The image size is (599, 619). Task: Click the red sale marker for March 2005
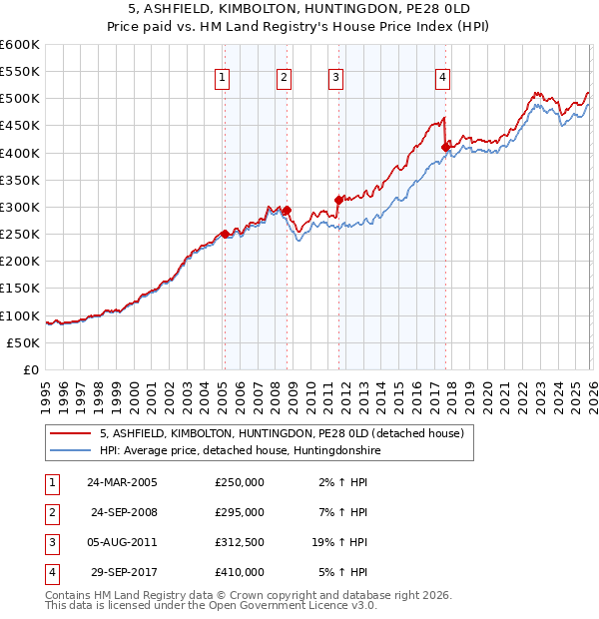pos(225,234)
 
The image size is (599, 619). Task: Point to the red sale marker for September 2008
pos(288,210)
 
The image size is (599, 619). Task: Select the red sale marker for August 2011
pos(338,200)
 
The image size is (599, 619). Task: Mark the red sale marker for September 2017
pos(446,148)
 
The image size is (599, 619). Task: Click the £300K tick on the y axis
pos(20,207)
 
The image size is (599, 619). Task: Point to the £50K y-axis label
pos(23,342)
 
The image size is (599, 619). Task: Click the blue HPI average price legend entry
pos(240,451)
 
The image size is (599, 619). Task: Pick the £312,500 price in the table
pos(240,542)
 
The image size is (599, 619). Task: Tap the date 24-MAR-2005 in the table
pos(122,482)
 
